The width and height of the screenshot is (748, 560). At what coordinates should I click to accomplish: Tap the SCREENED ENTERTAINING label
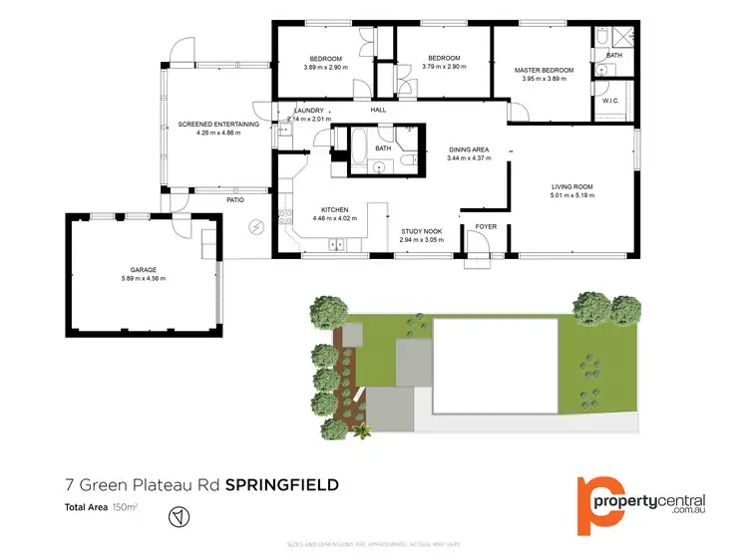[218, 125]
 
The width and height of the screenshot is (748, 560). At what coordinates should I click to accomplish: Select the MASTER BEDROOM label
[544, 70]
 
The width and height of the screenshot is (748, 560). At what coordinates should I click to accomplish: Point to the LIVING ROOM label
[572, 186]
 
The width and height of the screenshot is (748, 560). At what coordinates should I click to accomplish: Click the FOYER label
[486, 227]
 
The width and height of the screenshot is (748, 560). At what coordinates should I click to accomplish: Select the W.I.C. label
[611, 102]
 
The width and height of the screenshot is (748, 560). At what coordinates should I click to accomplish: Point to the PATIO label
[235, 200]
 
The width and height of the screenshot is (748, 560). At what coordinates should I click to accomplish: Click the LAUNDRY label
[300, 110]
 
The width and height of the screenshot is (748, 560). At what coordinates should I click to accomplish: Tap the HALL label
[378, 110]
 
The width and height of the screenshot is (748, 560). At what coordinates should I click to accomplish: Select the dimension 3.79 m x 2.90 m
[444, 67]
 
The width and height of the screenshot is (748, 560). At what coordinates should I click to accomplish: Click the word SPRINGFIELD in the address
[282, 485]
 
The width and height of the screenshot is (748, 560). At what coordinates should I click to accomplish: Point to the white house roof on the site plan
[494, 365]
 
